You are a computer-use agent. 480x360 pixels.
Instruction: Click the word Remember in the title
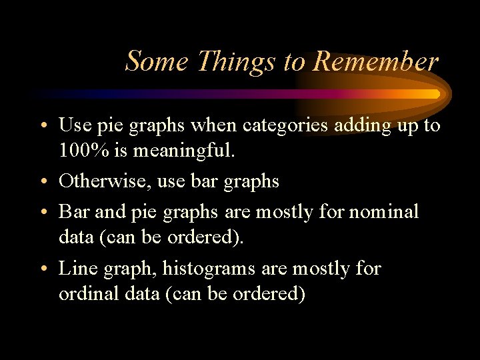[x=375, y=61]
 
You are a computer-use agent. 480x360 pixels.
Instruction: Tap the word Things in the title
[x=237, y=61]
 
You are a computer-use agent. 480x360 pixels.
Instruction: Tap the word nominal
[x=384, y=211]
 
